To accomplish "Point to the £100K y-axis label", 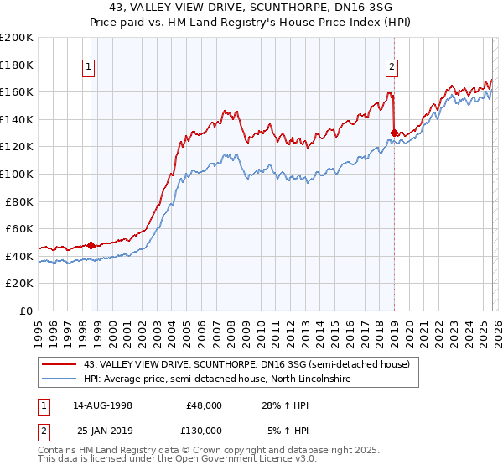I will click(x=17, y=174).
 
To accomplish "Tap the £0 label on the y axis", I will click(x=26, y=311).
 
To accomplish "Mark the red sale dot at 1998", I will click(x=91, y=245).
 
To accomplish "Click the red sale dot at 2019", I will click(x=394, y=133).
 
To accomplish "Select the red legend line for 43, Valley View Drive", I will click(x=60, y=364).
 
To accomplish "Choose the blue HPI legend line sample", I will click(x=60, y=379).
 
